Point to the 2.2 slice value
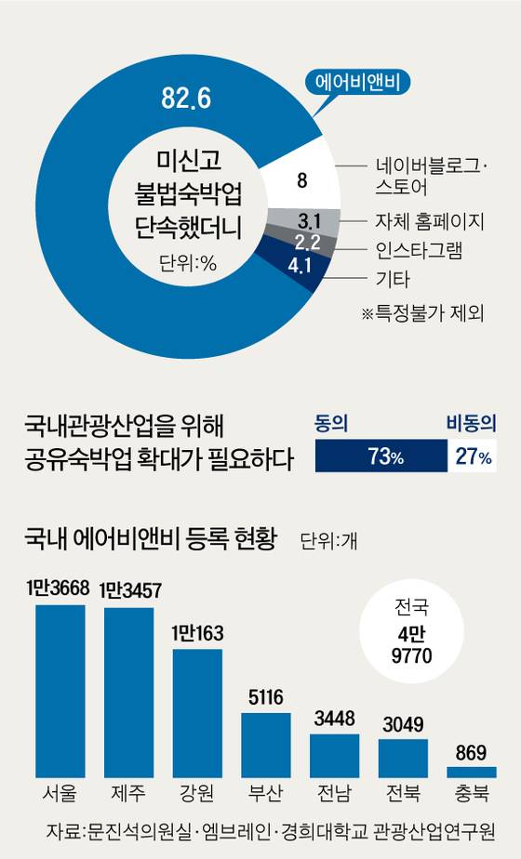[x=308, y=244]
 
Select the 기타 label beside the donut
[x=392, y=279]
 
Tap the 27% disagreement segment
[x=471, y=457]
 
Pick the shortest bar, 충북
[x=472, y=771]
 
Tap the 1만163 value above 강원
[x=197, y=636]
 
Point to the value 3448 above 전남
[x=334, y=720]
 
